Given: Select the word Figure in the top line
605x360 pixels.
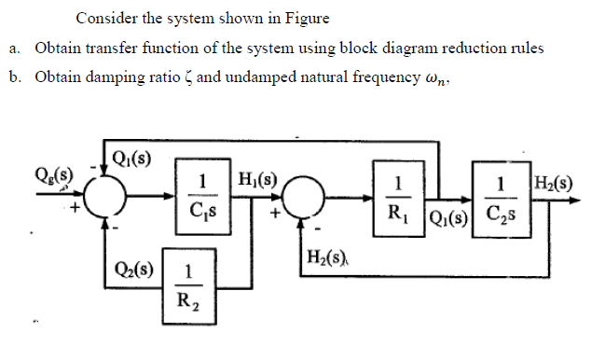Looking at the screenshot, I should (x=304, y=18).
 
